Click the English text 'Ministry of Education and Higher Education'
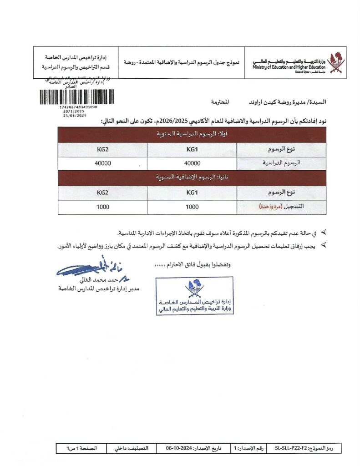[290, 67]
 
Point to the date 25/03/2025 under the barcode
[75, 116]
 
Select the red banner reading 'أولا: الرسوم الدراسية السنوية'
[192, 134]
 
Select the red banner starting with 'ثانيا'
[192, 177]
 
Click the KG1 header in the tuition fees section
[193, 149]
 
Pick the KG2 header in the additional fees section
[102, 192]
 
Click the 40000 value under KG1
[193, 163]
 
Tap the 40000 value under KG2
[102, 163]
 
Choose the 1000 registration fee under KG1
[193, 207]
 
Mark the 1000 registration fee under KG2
[102, 207]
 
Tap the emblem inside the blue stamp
[194, 288]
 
